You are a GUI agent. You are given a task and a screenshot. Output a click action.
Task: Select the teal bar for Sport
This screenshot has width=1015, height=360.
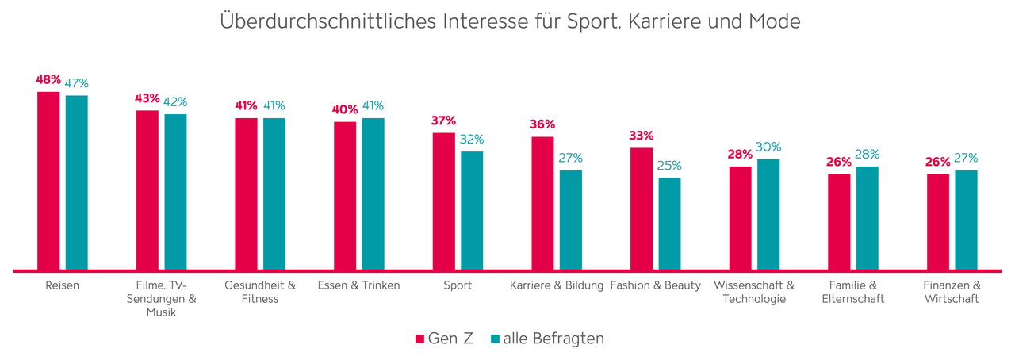coord(472,210)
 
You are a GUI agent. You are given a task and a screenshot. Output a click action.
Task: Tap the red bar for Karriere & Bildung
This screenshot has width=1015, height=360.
coord(542,203)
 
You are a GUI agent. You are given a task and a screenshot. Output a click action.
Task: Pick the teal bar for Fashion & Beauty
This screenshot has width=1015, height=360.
coord(669,224)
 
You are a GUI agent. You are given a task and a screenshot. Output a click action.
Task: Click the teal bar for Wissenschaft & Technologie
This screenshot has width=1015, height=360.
coord(768,214)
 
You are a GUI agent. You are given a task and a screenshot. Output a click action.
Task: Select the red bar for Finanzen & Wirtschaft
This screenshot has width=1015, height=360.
coord(938,222)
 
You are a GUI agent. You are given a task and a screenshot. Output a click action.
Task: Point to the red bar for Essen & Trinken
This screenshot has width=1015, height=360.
coord(345,195)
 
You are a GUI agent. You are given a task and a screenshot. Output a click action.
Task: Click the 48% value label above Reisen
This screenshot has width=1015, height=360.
coord(48,79)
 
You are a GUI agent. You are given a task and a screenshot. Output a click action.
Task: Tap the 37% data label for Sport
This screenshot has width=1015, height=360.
coord(443,121)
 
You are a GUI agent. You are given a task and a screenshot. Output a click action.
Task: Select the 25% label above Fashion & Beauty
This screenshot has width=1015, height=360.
coord(669,166)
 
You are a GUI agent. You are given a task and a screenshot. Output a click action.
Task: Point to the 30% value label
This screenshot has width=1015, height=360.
coord(768,147)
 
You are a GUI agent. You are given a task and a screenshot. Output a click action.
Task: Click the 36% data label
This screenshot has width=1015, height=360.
coord(542,124)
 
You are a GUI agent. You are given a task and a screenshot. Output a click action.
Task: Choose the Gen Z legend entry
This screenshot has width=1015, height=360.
coord(445,339)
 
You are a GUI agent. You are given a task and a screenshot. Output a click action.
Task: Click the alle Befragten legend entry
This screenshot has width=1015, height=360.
coord(547,339)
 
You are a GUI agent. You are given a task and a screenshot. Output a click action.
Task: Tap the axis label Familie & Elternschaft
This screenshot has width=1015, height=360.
coord(853,292)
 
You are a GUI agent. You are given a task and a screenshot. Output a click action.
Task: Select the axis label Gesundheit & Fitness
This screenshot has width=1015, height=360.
coord(260,292)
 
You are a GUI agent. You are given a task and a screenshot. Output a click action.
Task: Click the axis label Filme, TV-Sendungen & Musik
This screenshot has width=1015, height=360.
coord(161,298)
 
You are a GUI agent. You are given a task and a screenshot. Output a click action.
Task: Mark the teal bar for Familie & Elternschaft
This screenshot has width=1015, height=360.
coord(868,218)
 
